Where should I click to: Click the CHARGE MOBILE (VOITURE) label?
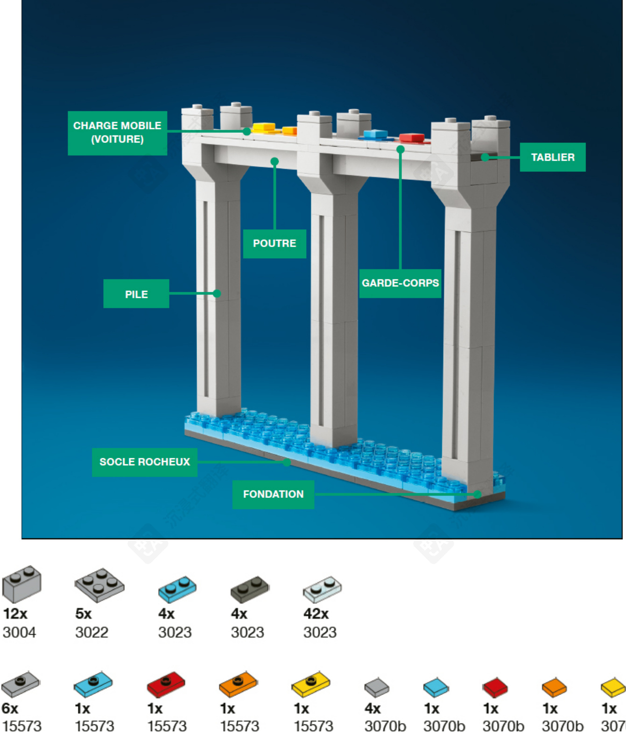pos(117,133)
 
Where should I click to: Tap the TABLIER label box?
pos(552,157)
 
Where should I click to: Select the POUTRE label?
pos(274,243)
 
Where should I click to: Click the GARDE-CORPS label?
pos(400,283)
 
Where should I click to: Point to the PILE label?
pos(136,294)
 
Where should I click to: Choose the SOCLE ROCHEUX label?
pos(145,462)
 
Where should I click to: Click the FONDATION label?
pos(273,494)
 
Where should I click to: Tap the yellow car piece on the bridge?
pos(264,127)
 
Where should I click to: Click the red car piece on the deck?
pos(412,137)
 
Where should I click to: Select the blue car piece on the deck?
pos(376,135)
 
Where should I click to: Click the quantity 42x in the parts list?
pos(316,613)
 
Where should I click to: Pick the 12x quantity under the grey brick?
pos(15,613)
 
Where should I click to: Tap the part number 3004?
pos(19,632)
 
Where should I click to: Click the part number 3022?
pos(92,632)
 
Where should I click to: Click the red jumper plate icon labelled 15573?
pos(166,685)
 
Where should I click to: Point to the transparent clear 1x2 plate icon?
pos(322,589)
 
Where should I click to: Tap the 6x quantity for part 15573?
pos(10,709)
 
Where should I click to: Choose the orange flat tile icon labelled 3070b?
pos(554,687)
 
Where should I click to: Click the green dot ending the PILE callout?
pos(217,293)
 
